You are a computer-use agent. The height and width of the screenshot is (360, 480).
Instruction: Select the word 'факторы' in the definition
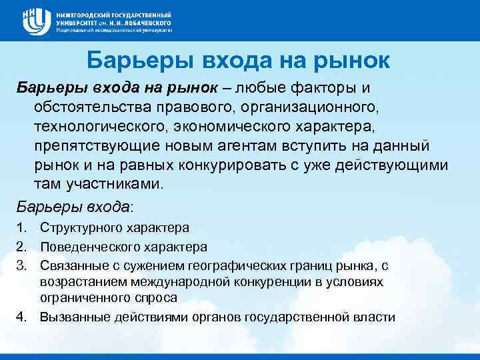pyautogui.click(x=308, y=89)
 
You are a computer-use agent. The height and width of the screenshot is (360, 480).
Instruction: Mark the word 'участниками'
pyautogui.click(x=112, y=184)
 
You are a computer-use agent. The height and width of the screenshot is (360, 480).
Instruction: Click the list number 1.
pyautogui.click(x=21, y=228)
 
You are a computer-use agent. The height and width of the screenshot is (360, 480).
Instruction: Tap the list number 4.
pyautogui.click(x=21, y=317)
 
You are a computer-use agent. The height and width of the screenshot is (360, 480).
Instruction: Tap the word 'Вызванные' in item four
pyautogui.click(x=69, y=317)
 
